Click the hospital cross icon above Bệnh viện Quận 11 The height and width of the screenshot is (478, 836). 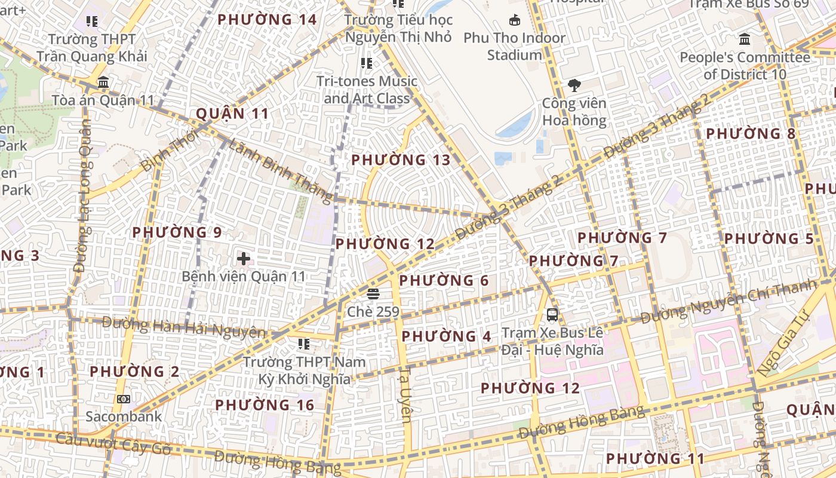point(244,259)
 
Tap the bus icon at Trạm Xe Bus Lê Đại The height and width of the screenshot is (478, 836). point(552,314)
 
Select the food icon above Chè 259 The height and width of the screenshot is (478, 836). point(374,294)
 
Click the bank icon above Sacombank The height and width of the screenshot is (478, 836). point(124,399)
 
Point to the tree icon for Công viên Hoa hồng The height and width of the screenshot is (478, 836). point(574,85)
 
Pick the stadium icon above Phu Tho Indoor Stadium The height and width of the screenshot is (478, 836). point(515,21)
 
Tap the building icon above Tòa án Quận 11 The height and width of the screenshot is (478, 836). point(103,82)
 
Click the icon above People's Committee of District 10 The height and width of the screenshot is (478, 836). point(745,39)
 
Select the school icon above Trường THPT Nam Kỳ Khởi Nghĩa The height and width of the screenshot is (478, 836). point(304,344)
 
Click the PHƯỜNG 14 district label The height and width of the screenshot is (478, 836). point(267,20)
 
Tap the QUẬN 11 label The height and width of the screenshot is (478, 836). point(232,114)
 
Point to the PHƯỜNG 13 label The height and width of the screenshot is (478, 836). point(401,160)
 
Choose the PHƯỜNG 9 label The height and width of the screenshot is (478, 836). point(177,232)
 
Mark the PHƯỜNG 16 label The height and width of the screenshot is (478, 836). point(265,405)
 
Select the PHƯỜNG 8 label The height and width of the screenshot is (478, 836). point(751,133)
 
